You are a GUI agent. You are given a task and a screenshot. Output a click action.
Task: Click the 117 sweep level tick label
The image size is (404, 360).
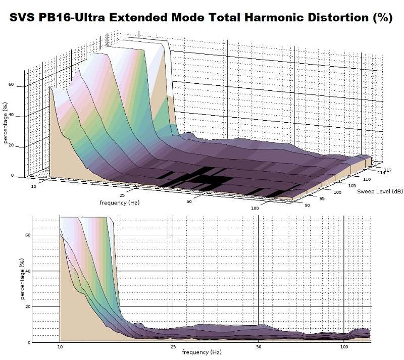click(387, 170)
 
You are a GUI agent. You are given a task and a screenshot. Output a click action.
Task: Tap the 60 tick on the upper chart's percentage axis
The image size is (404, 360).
click(11, 85)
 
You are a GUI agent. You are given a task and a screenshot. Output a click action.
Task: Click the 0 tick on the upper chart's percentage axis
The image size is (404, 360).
click(13, 175)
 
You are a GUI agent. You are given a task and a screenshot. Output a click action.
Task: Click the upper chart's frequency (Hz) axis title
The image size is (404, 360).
click(119, 203)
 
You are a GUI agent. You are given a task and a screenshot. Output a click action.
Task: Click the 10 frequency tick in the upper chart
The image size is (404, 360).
click(34, 186)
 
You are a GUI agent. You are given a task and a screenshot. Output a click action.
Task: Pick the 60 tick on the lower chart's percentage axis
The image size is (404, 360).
click(27, 235)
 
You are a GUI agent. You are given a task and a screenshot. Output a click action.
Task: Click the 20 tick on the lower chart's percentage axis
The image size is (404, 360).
click(27, 306)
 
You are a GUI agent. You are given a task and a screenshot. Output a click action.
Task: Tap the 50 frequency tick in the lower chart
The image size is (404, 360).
click(259, 347)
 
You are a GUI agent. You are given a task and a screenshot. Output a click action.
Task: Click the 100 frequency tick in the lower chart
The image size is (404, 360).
click(344, 347)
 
